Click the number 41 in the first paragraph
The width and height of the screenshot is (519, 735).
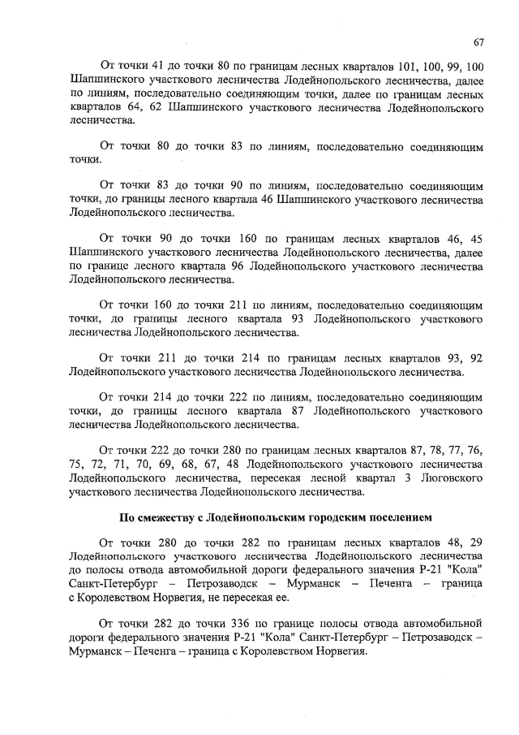169,64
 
